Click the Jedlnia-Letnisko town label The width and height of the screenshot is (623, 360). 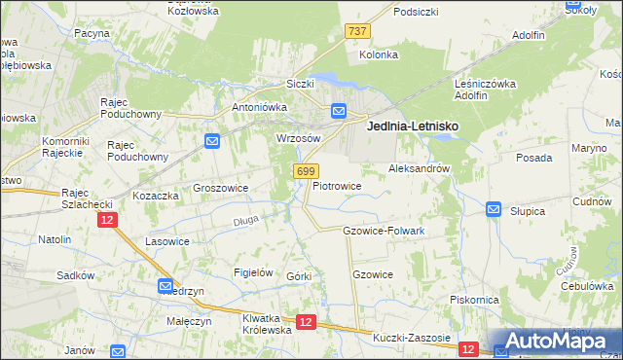[412, 126]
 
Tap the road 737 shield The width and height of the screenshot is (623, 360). [357, 32]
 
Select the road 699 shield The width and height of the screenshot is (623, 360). [304, 171]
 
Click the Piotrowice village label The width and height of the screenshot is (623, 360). [337, 185]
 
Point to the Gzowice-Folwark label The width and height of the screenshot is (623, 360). [384, 231]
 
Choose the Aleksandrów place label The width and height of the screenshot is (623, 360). [419, 168]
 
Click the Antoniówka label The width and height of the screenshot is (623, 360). [256, 107]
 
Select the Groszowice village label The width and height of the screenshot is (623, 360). [221, 188]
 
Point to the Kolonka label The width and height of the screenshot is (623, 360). [379, 54]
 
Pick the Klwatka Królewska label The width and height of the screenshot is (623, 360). [266, 324]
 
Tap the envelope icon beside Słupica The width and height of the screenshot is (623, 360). [494, 209]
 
